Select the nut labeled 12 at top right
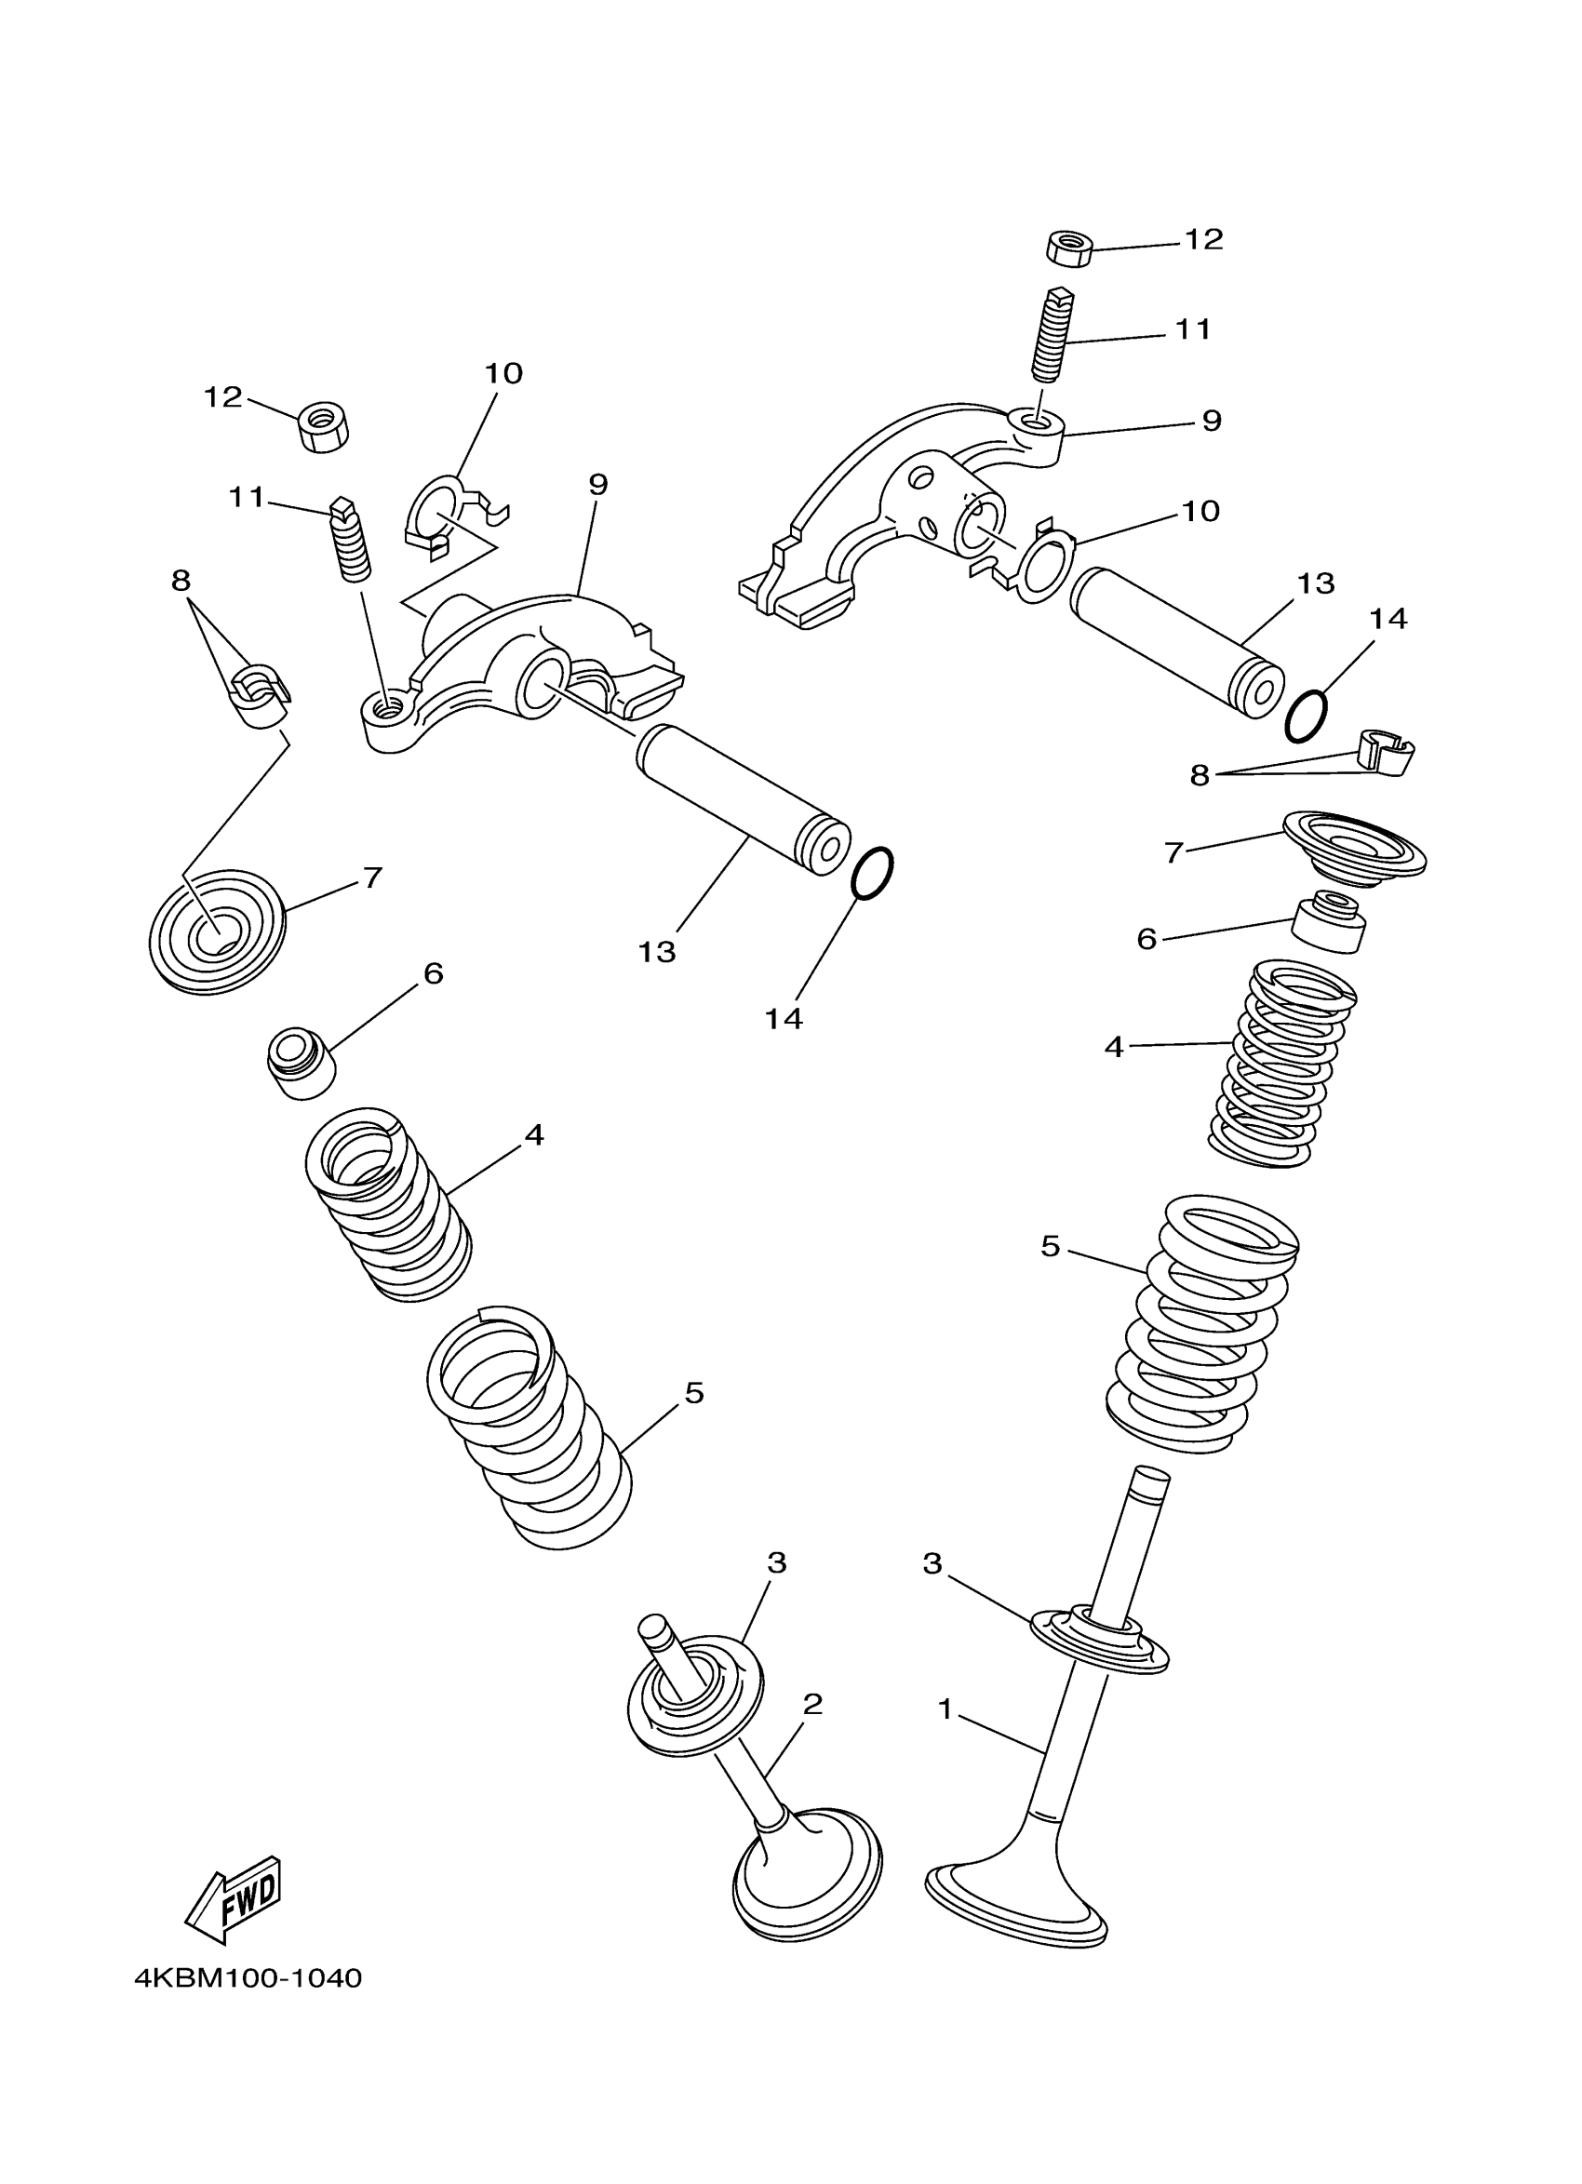pyautogui.click(x=1067, y=248)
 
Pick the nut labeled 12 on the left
pyautogui.click(x=324, y=426)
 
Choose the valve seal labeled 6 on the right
pyautogui.click(x=1329, y=923)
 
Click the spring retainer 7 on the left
pyautogui.click(x=219, y=931)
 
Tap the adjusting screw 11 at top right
pyautogui.click(x=1051, y=334)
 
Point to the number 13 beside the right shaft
pyautogui.click(x=1315, y=583)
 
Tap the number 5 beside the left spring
pyautogui.click(x=694, y=1392)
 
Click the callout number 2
pyautogui.click(x=812, y=1706)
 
